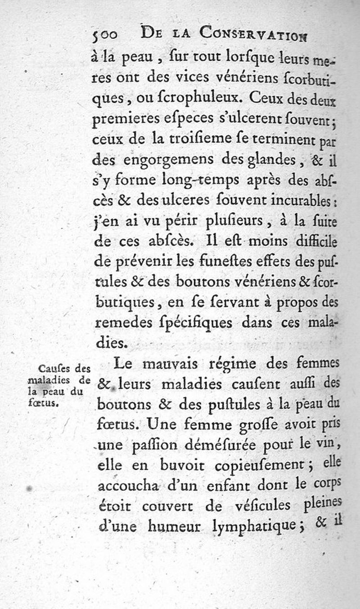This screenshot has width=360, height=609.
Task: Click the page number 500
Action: [x=105, y=35]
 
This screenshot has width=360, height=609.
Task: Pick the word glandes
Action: [x=264, y=160]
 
